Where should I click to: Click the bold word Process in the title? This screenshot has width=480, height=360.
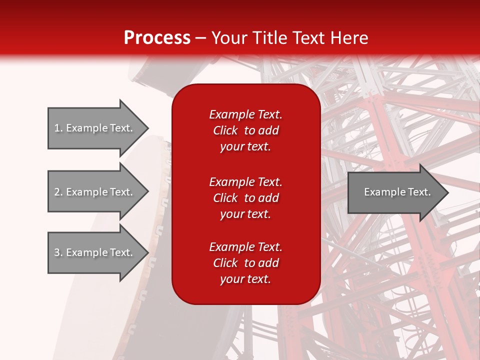[x=157, y=38]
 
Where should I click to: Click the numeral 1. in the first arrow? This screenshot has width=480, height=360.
[x=58, y=128]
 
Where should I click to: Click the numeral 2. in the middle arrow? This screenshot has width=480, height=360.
[x=58, y=192]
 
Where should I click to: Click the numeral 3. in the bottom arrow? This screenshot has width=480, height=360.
[x=58, y=252]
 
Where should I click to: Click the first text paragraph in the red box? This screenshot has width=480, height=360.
[x=245, y=130]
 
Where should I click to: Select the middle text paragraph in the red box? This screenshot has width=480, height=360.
[x=245, y=198]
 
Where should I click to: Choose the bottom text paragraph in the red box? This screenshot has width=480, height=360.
[x=245, y=263]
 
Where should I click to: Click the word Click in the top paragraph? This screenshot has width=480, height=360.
[x=225, y=130]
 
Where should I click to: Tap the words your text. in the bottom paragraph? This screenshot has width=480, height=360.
[x=245, y=279]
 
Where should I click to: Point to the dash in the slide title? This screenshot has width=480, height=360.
[x=200, y=38]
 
